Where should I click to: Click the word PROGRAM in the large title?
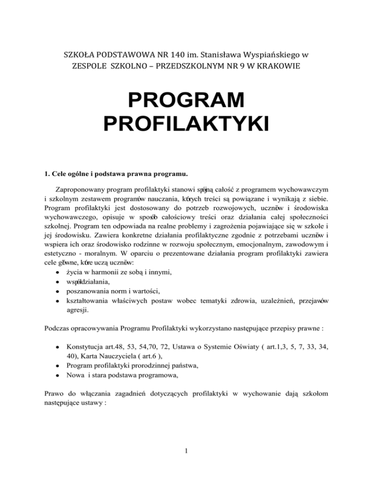click(x=186, y=100)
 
